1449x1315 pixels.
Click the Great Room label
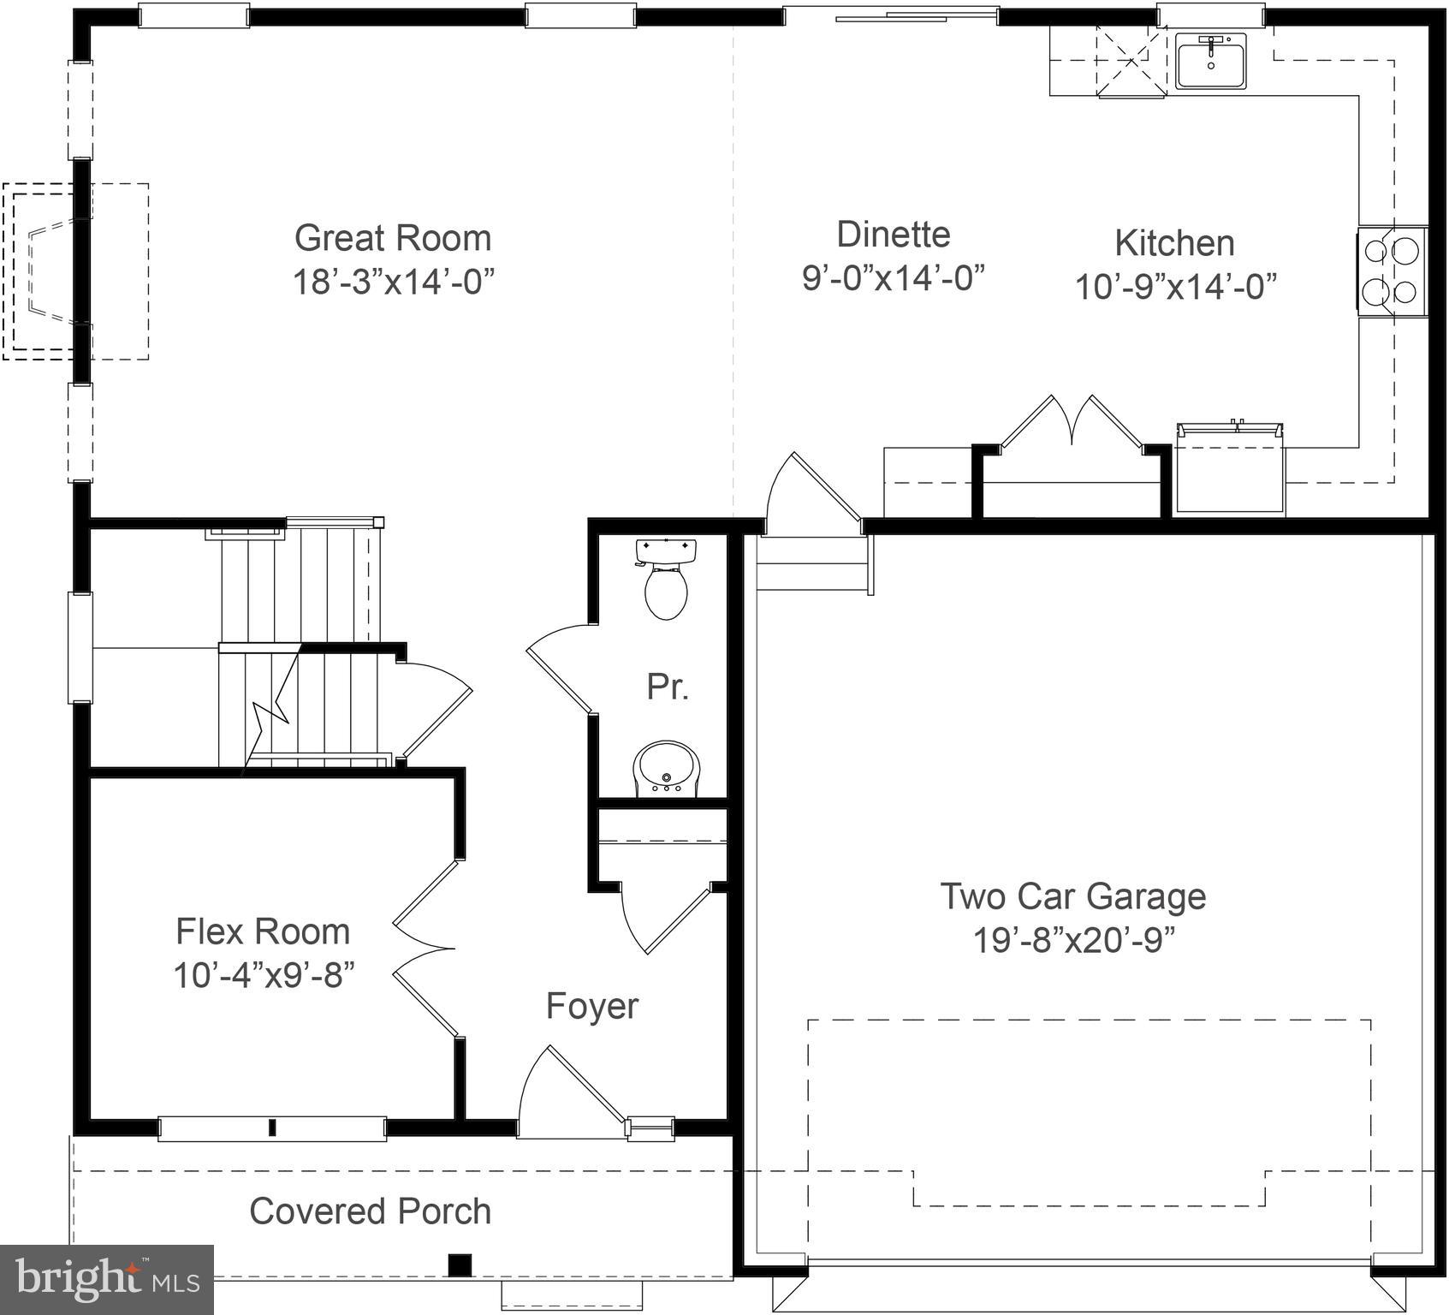click(393, 238)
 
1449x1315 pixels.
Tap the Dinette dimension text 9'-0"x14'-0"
click(893, 277)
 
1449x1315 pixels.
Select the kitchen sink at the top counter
click(1210, 62)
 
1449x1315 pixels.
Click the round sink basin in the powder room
click(666, 767)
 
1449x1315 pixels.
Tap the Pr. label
click(667, 687)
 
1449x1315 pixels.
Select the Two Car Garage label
click(1073, 896)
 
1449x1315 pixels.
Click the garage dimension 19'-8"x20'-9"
click(1073, 941)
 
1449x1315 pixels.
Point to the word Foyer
click(591, 1006)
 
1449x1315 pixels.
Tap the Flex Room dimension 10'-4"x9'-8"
click(264, 975)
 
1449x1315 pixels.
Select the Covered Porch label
click(370, 1211)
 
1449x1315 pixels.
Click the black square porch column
click(460, 1264)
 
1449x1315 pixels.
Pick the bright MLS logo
click(106, 1279)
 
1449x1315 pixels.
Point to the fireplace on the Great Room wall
click(51, 271)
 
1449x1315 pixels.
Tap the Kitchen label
click(1174, 243)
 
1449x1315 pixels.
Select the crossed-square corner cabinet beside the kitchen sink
click(1131, 61)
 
